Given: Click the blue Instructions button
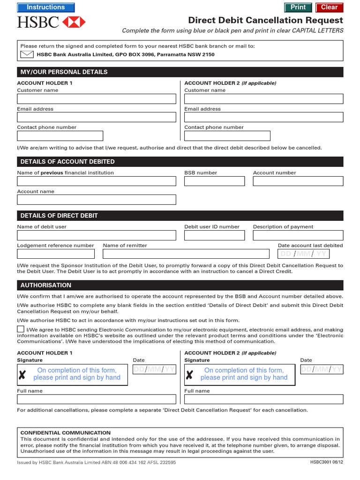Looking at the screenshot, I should point(45,7).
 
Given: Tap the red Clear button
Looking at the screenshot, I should point(329,7).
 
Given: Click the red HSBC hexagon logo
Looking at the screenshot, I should point(74,22).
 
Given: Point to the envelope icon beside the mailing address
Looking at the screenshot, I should point(27,54).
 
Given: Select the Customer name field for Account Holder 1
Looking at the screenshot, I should point(97,99).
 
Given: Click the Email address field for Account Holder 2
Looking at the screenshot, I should point(263,117).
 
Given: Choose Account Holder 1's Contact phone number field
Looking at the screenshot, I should point(60,136).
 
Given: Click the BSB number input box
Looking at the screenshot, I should point(214,181).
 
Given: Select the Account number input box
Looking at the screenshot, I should point(298,181).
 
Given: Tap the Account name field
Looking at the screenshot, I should point(97,200).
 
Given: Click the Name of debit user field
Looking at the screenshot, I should point(97,235).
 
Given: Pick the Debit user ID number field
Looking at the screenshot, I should point(214,235).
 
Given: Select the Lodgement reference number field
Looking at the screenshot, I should point(56,254).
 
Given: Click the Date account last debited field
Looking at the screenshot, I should point(303,254).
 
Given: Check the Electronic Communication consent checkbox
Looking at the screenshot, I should point(21,329).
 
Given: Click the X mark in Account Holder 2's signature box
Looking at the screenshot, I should point(189,375).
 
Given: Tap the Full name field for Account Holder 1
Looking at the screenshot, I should point(97,399).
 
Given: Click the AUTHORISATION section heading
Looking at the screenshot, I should point(45,285).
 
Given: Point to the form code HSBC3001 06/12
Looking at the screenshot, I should point(326,462).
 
